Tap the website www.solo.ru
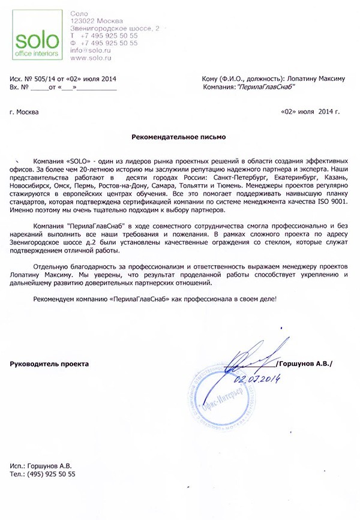pyautogui.click(x=89, y=58)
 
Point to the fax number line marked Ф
pyautogui.click(x=104, y=43)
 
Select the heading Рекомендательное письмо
pyautogui.click(x=179, y=137)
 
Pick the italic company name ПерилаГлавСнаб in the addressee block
pyautogui.click(x=267, y=87)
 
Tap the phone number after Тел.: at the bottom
pyautogui.click(x=50, y=474)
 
